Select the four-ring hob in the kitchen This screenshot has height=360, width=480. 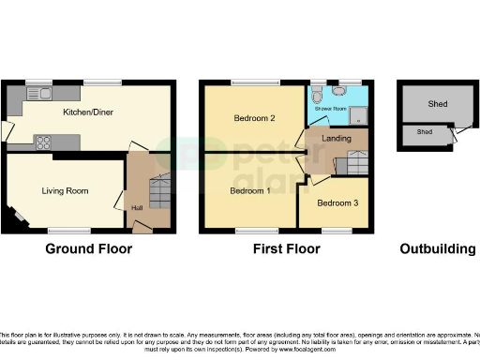pos(42,142)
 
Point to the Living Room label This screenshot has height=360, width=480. pos(65,190)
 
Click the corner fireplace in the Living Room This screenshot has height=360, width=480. pos(19,218)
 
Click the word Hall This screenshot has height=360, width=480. pos(137,207)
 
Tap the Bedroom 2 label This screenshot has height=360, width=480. pos(253,119)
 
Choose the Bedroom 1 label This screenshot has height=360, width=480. pos(251,190)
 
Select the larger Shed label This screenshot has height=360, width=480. pos(437,105)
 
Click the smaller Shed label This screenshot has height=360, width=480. pos(425,133)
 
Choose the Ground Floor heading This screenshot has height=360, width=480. pos(89,249)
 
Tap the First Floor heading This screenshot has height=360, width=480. pos(287,249)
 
